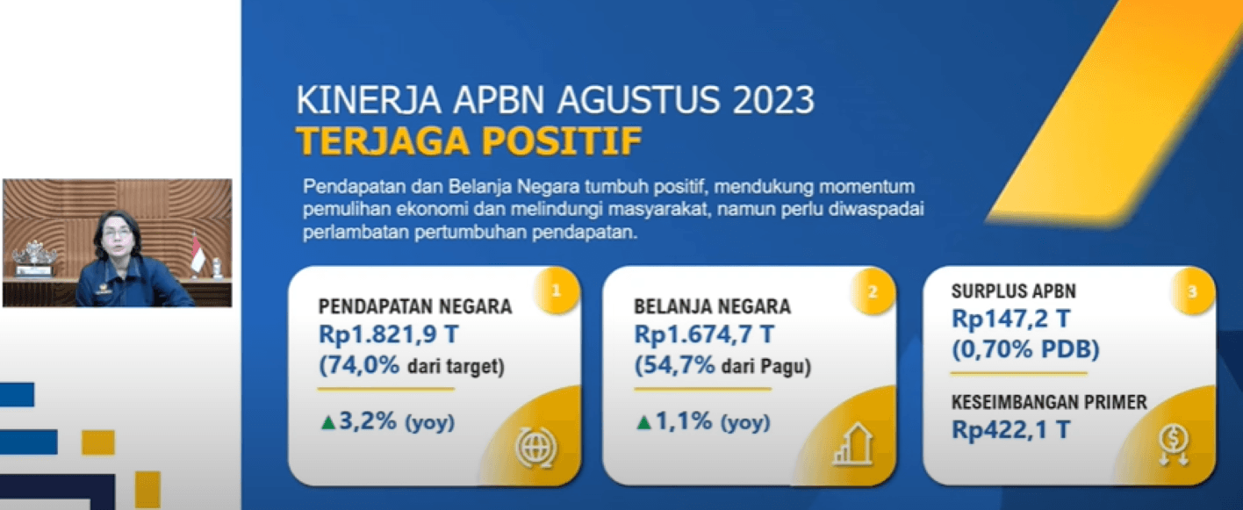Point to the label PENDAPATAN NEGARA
415,307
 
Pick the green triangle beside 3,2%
328,423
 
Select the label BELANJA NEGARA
712,307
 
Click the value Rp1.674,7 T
704,334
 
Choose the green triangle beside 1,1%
643,423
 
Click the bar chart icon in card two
852,447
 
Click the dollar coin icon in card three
1174,443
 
